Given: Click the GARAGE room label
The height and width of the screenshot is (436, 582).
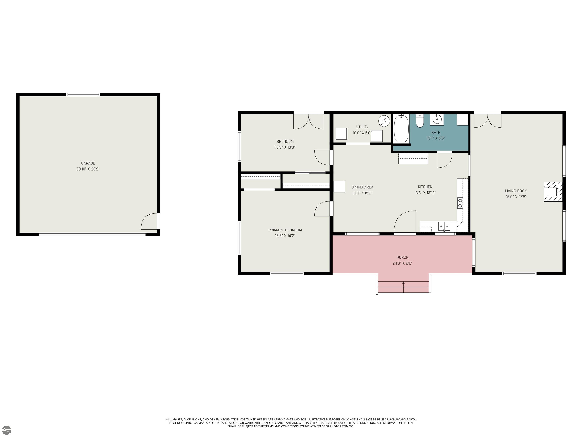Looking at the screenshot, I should (88, 163).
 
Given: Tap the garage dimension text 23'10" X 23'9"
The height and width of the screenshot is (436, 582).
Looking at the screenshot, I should (88, 169).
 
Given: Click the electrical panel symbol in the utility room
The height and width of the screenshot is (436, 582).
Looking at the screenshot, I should (384, 121).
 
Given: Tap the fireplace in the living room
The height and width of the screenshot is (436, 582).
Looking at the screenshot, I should (553, 192).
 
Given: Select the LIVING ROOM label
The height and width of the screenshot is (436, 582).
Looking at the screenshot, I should (516, 191).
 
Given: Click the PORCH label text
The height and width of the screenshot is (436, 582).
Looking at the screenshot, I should (402, 257).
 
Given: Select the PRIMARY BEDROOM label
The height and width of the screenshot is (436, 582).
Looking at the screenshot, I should (285, 230).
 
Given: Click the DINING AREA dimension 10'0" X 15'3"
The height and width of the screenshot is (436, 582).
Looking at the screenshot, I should (362, 193).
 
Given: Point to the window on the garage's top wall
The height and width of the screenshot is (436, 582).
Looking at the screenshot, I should (83, 95).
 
